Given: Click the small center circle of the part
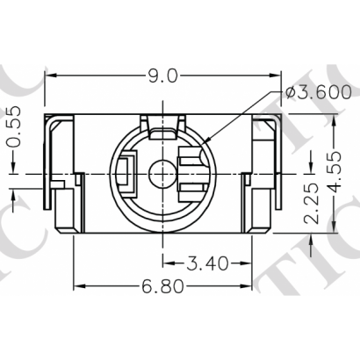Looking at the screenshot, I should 161,172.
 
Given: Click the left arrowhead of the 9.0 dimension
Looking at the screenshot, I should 50,76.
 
